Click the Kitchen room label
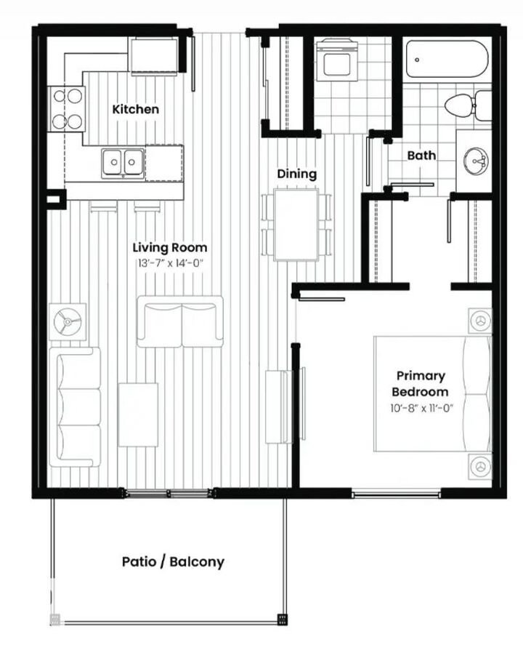click(135, 109)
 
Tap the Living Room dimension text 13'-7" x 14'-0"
click(170, 262)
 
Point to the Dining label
click(296, 174)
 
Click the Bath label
click(421, 155)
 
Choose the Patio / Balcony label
click(173, 561)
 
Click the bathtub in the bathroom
click(446, 59)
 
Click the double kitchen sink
click(121, 162)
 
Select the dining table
click(296, 223)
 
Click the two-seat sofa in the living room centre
click(180, 321)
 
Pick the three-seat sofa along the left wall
click(76, 406)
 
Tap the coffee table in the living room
click(138, 414)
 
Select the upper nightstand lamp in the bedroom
click(479, 320)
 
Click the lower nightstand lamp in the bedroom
click(479, 465)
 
